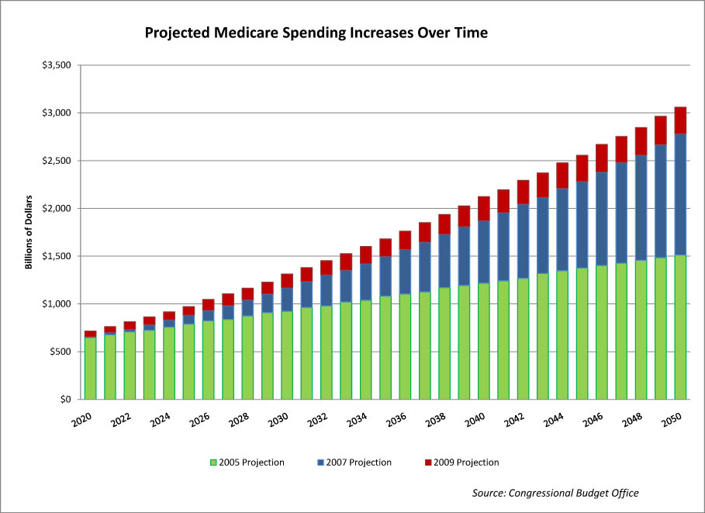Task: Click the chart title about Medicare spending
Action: [x=316, y=33]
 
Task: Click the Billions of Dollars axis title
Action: [x=29, y=233]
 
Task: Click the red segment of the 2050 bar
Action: [x=680, y=120]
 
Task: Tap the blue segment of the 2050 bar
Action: [x=680, y=194]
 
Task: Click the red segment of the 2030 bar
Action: [x=287, y=280]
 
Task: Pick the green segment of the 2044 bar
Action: [x=562, y=334]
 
